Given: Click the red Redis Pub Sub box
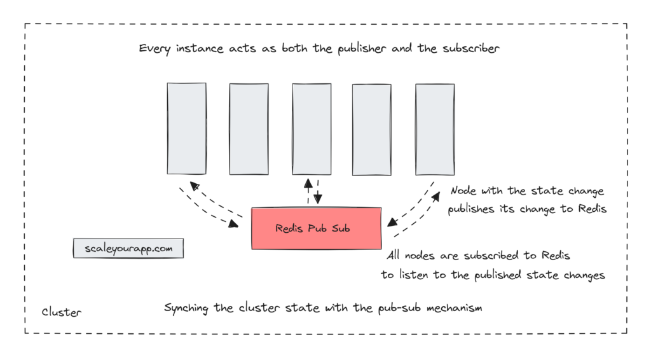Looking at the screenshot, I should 316,228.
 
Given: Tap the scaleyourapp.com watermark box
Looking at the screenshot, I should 128,248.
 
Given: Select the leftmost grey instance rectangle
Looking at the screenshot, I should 186,128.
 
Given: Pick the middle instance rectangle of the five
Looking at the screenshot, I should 312,128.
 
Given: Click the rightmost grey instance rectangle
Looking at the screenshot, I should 435,128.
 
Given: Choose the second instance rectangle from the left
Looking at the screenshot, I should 249,128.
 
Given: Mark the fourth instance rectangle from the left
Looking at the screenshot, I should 372,128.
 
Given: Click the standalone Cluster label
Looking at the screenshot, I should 62,312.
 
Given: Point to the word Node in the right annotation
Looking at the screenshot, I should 463,191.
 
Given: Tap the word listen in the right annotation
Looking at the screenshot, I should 427,275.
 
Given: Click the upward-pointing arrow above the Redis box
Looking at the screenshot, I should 308,190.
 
